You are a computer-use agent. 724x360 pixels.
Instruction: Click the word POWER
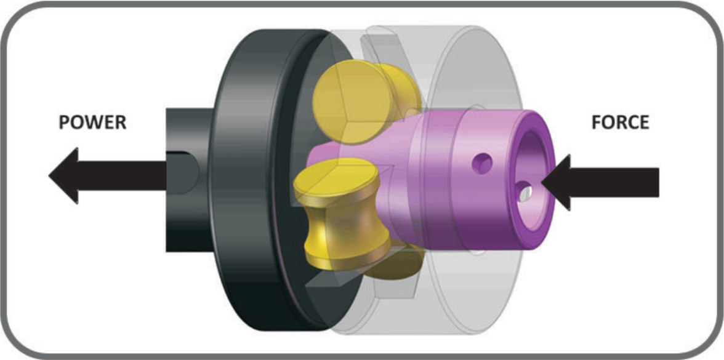(x=92, y=122)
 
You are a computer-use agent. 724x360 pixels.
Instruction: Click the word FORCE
(x=620, y=122)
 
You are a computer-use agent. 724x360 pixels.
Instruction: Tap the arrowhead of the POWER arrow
(x=63, y=175)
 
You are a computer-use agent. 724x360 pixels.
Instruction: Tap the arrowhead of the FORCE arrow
(x=557, y=182)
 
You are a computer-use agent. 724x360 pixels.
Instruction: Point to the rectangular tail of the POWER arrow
(x=123, y=175)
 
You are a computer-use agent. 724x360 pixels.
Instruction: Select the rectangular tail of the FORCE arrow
(x=614, y=182)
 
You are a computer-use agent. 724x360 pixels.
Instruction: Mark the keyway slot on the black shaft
(x=182, y=172)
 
